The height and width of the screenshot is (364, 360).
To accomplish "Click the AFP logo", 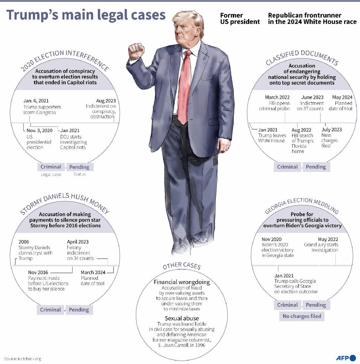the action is point(346,358).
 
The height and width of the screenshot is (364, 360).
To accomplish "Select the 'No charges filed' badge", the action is point(302,316).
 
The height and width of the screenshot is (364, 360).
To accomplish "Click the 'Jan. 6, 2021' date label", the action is point(36,101).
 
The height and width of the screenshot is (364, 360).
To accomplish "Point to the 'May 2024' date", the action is point(342,97).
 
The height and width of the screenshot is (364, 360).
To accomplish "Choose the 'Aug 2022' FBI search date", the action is point(301,130).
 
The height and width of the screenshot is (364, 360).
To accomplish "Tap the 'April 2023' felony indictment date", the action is point(78,242).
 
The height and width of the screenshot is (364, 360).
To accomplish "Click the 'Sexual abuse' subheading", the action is point(182,318).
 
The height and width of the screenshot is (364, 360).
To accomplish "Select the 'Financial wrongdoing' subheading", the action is point(182,282).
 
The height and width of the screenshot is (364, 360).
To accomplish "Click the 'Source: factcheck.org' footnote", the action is point(23,359).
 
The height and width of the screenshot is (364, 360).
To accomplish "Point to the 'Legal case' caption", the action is point(51,174).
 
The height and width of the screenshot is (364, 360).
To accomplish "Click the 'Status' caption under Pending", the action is point(80,174).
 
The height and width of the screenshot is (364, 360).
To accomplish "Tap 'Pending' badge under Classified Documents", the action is point(316,167).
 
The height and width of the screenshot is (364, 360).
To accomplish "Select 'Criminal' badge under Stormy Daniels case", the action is point(50,310).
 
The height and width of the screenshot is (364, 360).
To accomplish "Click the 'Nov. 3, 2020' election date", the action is point(39,130).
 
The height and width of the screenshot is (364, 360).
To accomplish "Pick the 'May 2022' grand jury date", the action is point(328,239).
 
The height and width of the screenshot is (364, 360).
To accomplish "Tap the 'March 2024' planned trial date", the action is point(93,272).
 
